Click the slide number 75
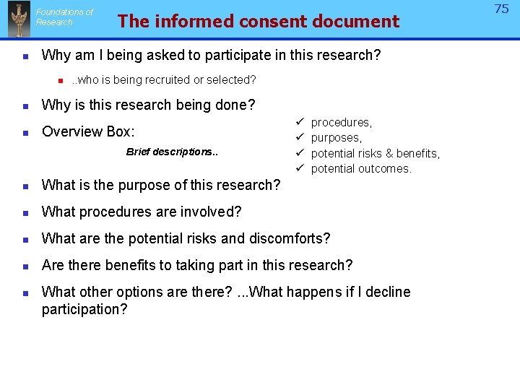(501, 9)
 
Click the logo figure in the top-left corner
(19, 19)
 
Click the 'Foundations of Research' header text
(64, 17)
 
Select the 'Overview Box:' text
(88, 131)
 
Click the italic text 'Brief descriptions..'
(172, 152)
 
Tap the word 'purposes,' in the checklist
(337, 138)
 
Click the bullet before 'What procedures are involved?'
(25, 212)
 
